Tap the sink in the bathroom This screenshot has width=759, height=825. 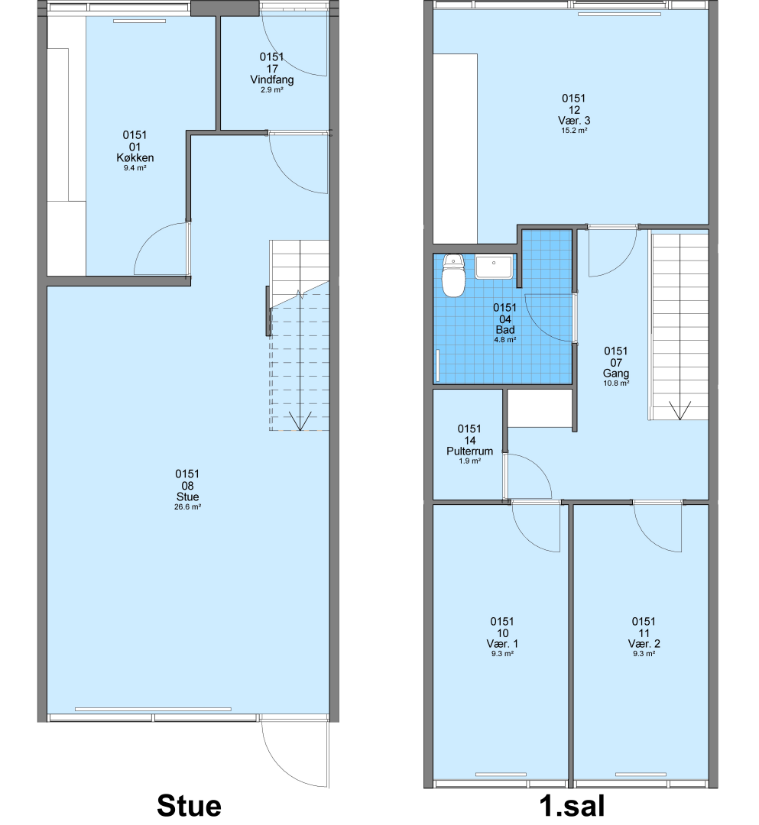click(494, 267)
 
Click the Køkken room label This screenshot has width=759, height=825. click(135, 158)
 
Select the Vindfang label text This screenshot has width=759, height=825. click(271, 80)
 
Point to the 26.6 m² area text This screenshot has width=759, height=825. click(187, 507)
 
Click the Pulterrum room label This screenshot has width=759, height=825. click(469, 451)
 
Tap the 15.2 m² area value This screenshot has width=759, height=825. click(574, 131)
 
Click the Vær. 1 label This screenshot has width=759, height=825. click(502, 644)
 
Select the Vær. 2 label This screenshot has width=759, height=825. click(644, 644)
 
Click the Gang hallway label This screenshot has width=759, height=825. click(616, 374)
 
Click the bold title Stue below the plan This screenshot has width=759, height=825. click(189, 806)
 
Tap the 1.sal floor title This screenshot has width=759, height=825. click(572, 806)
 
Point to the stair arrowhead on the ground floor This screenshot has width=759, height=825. click(300, 422)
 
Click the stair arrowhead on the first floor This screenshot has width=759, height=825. click(680, 411)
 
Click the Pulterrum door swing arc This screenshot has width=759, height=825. click(537, 465)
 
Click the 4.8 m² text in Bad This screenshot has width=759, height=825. click(504, 340)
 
